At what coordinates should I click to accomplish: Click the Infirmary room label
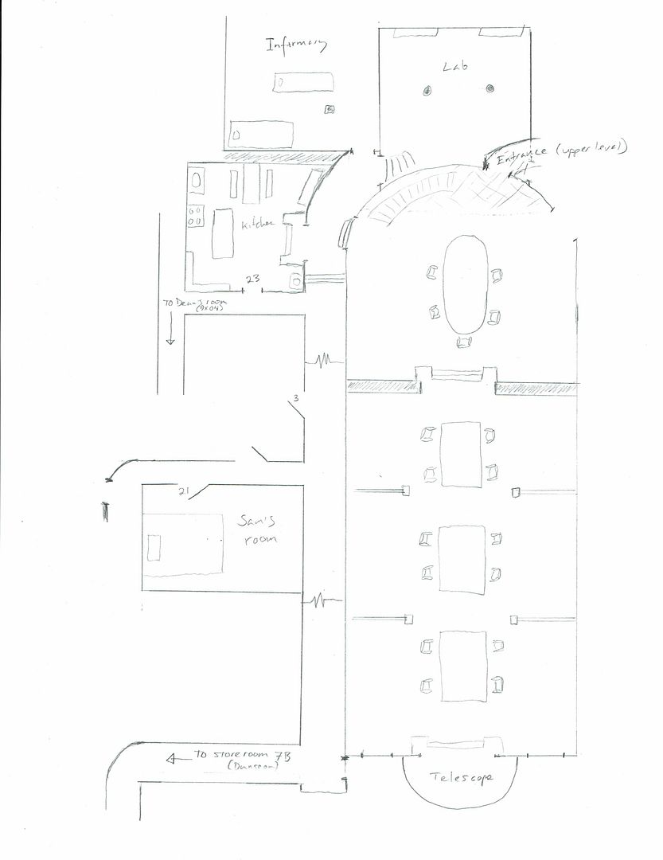click(296, 46)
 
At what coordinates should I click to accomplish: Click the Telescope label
click(461, 776)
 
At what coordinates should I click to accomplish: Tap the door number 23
click(253, 279)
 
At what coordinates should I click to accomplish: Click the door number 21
click(185, 491)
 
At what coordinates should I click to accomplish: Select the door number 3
click(295, 397)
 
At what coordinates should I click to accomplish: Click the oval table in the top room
click(464, 284)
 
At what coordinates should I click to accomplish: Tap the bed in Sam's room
click(183, 545)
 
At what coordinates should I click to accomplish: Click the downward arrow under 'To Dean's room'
click(170, 334)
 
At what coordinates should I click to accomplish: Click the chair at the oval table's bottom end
click(464, 342)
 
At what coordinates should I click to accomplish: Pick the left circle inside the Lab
click(427, 92)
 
